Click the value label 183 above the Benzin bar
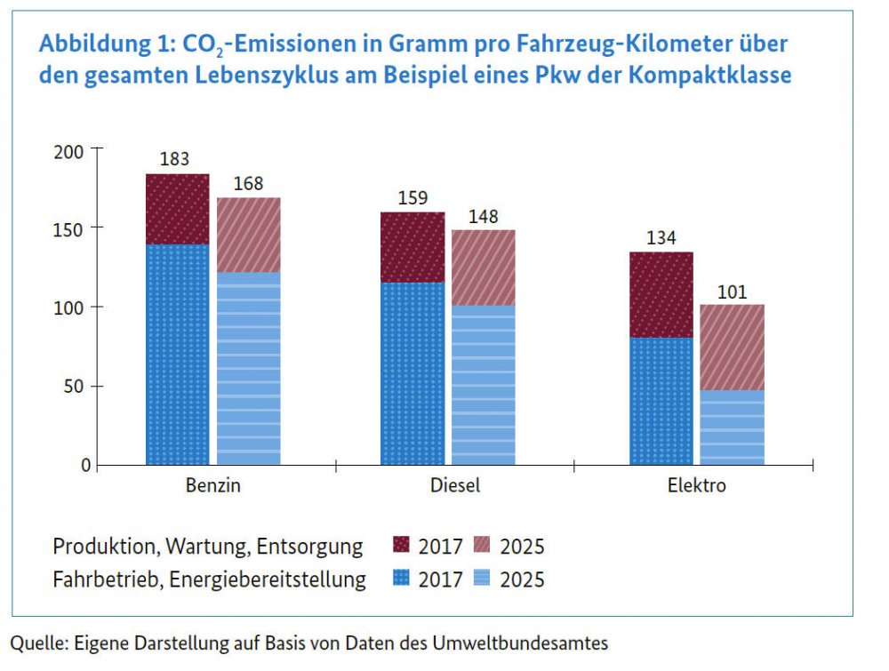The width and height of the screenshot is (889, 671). pos(176,160)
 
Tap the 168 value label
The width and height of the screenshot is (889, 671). pos(248,184)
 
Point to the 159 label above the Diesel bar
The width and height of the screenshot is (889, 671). pos(412,199)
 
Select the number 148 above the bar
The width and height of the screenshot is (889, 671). pos(483,217)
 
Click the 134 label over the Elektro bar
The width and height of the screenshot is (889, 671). pos(661,238)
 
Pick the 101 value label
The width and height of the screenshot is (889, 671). pos(732,292)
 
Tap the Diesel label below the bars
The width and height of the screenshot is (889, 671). pos(448,486)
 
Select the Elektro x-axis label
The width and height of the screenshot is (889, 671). pos(696,486)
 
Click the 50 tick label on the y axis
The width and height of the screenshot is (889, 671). pos(78,387)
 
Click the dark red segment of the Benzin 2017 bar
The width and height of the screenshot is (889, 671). pos(177,209)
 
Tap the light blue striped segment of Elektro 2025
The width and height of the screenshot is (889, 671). pos(732,427)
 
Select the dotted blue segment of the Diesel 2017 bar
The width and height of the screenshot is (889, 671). pos(412,373)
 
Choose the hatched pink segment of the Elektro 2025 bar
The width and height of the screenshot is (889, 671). pos(732,347)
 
